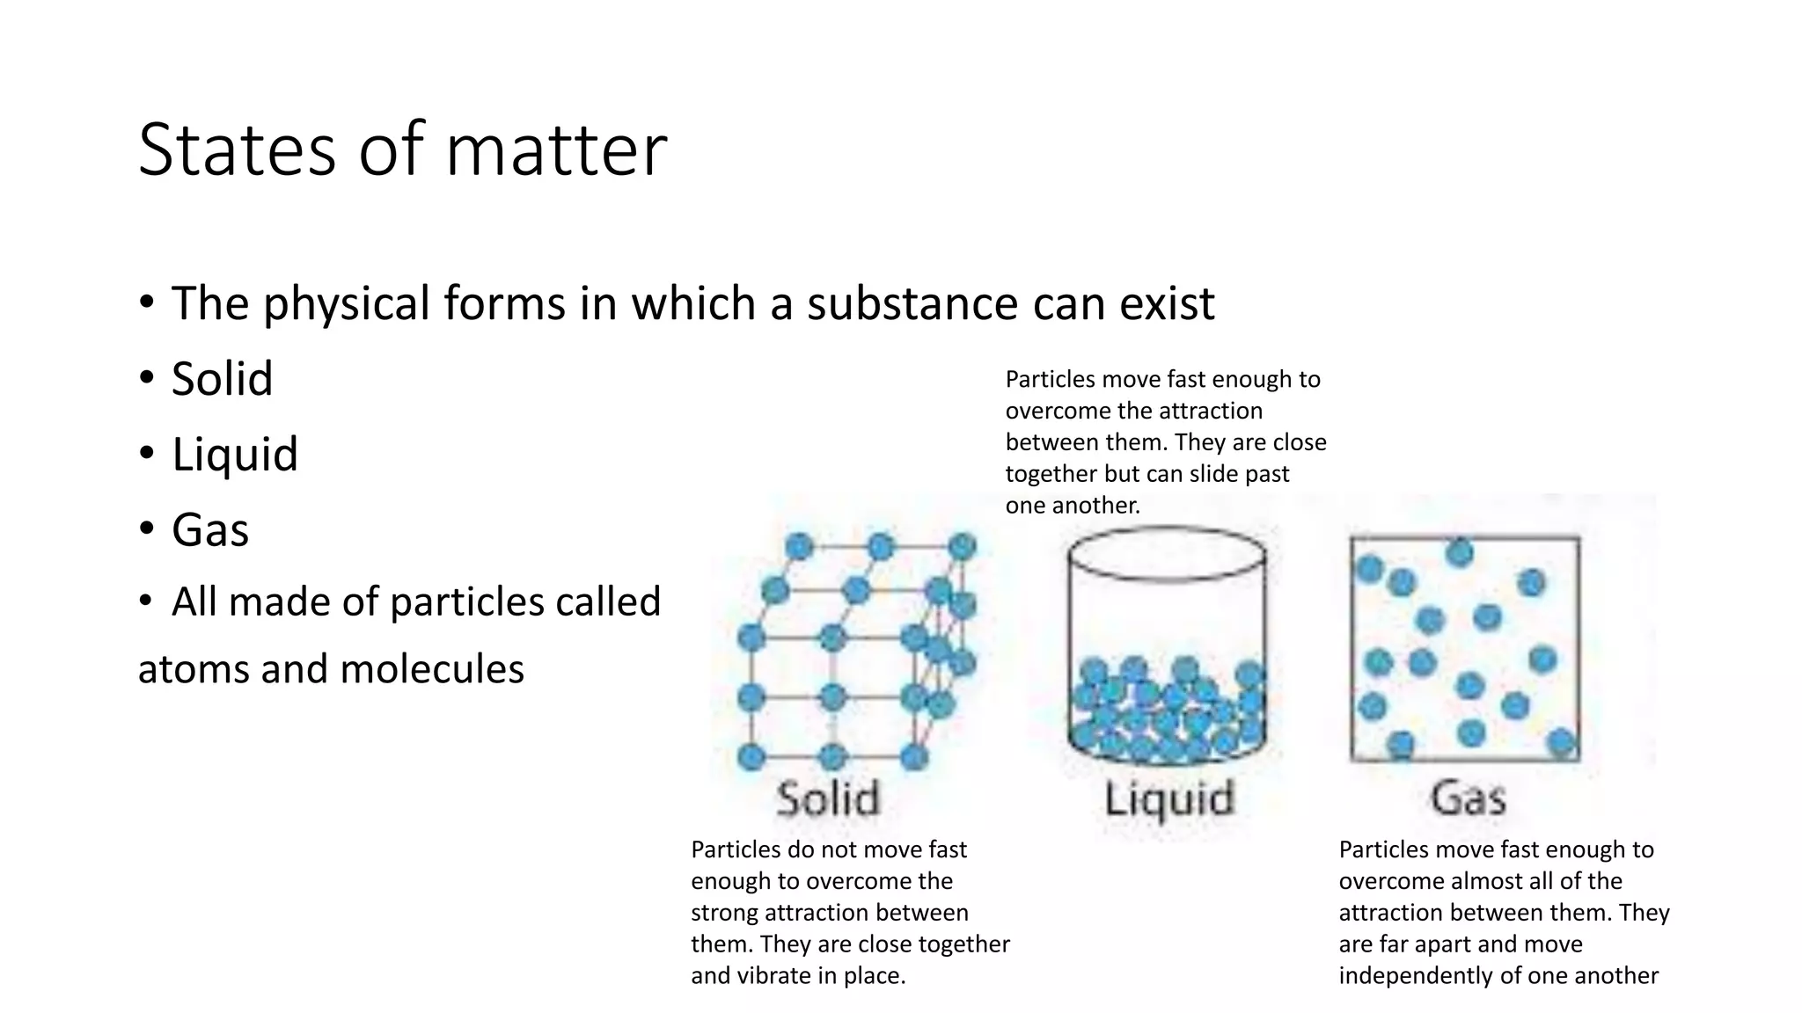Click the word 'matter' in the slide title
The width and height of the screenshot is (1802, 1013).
556,149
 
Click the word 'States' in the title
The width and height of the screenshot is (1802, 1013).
237,149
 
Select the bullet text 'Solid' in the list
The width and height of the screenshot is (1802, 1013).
222,379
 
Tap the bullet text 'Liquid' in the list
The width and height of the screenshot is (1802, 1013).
234,455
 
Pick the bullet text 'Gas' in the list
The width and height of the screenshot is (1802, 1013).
209,530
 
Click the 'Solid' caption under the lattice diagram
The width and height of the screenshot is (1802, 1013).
828,798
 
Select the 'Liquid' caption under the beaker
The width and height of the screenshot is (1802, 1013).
1168,799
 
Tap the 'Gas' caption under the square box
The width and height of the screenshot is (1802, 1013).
1468,798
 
